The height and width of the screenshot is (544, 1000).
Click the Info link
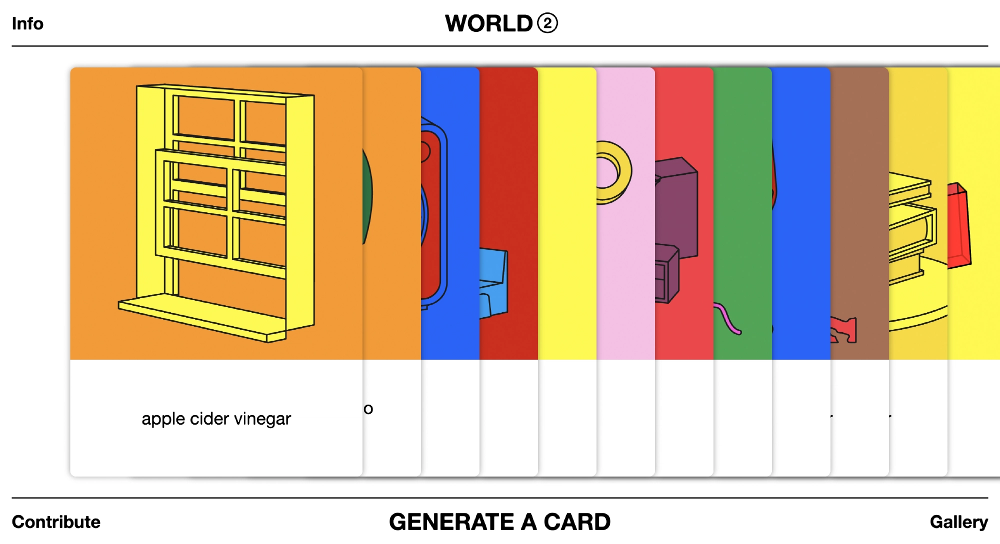coord(27,23)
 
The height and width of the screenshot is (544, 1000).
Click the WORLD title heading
coord(488,23)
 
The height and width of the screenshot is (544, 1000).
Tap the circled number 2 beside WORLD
coord(547,23)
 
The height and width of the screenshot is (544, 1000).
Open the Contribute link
coord(56,522)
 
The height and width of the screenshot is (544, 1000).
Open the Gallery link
coord(958,522)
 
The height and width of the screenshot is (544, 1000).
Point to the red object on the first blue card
coord(430,215)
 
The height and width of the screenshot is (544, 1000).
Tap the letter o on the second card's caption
coord(368,409)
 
